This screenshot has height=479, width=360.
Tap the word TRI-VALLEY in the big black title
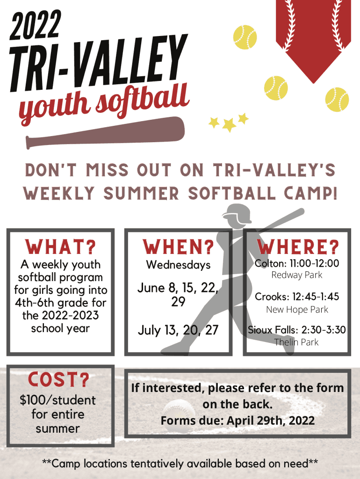pyautogui.click(x=98, y=62)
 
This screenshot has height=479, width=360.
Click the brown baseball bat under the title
pyautogui.click(x=105, y=132)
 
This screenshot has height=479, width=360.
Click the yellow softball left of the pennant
pyautogui.click(x=245, y=37)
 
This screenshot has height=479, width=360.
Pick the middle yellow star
pyautogui.click(x=229, y=124)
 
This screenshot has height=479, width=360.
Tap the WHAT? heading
pyautogui.click(x=60, y=247)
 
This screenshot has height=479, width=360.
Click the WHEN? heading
pyautogui.click(x=178, y=247)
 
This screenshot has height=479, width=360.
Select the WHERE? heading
pyautogui.click(x=298, y=247)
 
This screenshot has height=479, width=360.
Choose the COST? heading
pyautogui.click(x=58, y=379)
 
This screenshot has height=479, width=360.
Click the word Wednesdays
pyautogui.click(x=178, y=265)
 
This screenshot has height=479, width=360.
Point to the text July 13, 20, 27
pyautogui.click(x=178, y=330)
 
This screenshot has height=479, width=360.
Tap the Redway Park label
pyautogui.click(x=297, y=275)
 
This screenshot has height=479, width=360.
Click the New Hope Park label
pyautogui.click(x=297, y=310)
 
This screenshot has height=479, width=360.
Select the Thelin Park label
pyautogui.click(x=296, y=342)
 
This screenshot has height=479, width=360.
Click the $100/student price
pyautogui.click(x=58, y=400)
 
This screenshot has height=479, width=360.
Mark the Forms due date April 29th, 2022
pyautogui.click(x=271, y=421)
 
